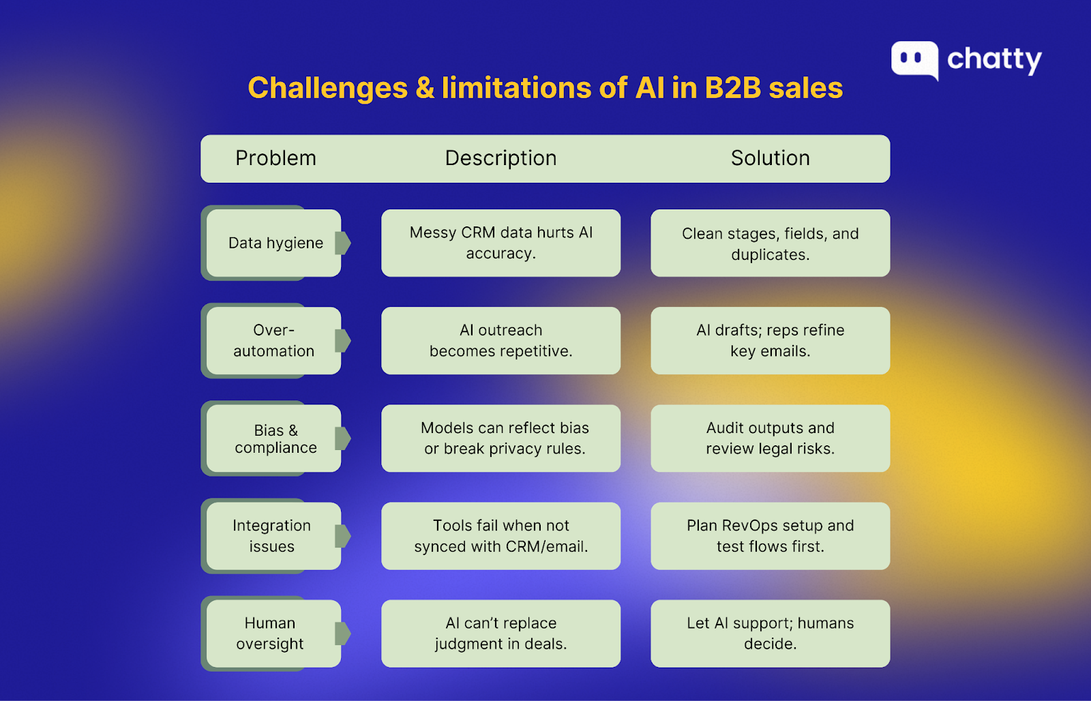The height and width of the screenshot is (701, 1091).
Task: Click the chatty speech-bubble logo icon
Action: pyautogui.click(x=914, y=60)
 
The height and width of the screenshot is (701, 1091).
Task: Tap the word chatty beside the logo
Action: pyautogui.click(x=994, y=60)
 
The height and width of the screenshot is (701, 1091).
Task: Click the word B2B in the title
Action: pyautogui.click(x=732, y=88)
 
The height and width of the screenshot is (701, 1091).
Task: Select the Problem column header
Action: pyautogui.click(x=275, y=158)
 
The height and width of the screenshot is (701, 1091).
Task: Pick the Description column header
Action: pyautogui.click(x=500, y=158)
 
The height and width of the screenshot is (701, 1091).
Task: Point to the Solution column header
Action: pyautogui.click(x=770, y=158)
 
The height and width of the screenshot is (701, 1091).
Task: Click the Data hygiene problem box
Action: pyautogui.click(x=273, y=243)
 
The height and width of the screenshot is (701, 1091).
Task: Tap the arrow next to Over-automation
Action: pyautogui.click(x=343, y=340)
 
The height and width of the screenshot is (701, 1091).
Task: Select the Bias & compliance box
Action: pyautogui.click(x=273, y=438)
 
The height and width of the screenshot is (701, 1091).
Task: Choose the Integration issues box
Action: pyautogui.click(x=273, y=536)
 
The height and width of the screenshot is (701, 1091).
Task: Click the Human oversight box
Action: pyautogui.click(x=273, y=633)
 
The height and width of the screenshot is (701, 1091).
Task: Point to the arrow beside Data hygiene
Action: pyautogui.click(x=343, y=243)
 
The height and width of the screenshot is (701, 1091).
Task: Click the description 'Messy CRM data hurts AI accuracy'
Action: pyautogui.click(x=500, y=243)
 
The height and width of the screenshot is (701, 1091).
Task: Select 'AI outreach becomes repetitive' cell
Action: pyautogui.click(x=500, y=340)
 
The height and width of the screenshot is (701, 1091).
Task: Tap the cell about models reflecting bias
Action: pyautogui.click(x=500, y=438)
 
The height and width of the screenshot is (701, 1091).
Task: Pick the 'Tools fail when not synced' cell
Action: pyautogui.click(x=500, y=536)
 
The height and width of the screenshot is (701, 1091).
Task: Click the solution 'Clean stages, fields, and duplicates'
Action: pyautogui.click(x=770, y=243)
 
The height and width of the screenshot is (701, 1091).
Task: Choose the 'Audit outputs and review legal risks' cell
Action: pyautogui.click(x=770, y=438)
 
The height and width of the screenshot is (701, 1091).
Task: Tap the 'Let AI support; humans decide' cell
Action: pyautogui.click(x=770, y=633)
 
